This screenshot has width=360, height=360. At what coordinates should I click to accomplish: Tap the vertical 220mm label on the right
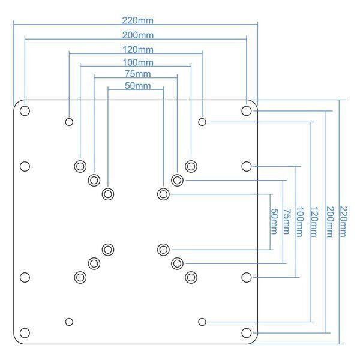click(x=343, y=221)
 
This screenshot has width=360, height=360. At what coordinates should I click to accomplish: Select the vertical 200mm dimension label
click(x=329, y=221)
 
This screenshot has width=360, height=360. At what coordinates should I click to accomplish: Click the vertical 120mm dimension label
click(x=313, y=221)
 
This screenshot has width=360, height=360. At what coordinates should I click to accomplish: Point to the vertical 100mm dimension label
click(x=300, y=221)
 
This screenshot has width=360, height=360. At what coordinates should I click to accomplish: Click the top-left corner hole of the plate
click(x=25, y=111)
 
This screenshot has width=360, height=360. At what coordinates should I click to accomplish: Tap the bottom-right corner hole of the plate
click(x=246, y=332)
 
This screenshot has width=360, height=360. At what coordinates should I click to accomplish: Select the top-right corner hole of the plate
click(x=246, y=111)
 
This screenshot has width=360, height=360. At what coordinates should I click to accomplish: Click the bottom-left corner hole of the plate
click(x=25, y=332)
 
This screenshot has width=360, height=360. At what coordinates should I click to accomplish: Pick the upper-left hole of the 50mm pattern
click(x=108, y=194)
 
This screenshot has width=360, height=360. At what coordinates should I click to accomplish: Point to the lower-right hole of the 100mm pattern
click(x=191, y=277)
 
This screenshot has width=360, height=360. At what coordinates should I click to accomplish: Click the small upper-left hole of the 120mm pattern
click(x=69, y=122)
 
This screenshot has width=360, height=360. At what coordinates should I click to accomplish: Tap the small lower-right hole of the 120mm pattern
click(x=202, y=322)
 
